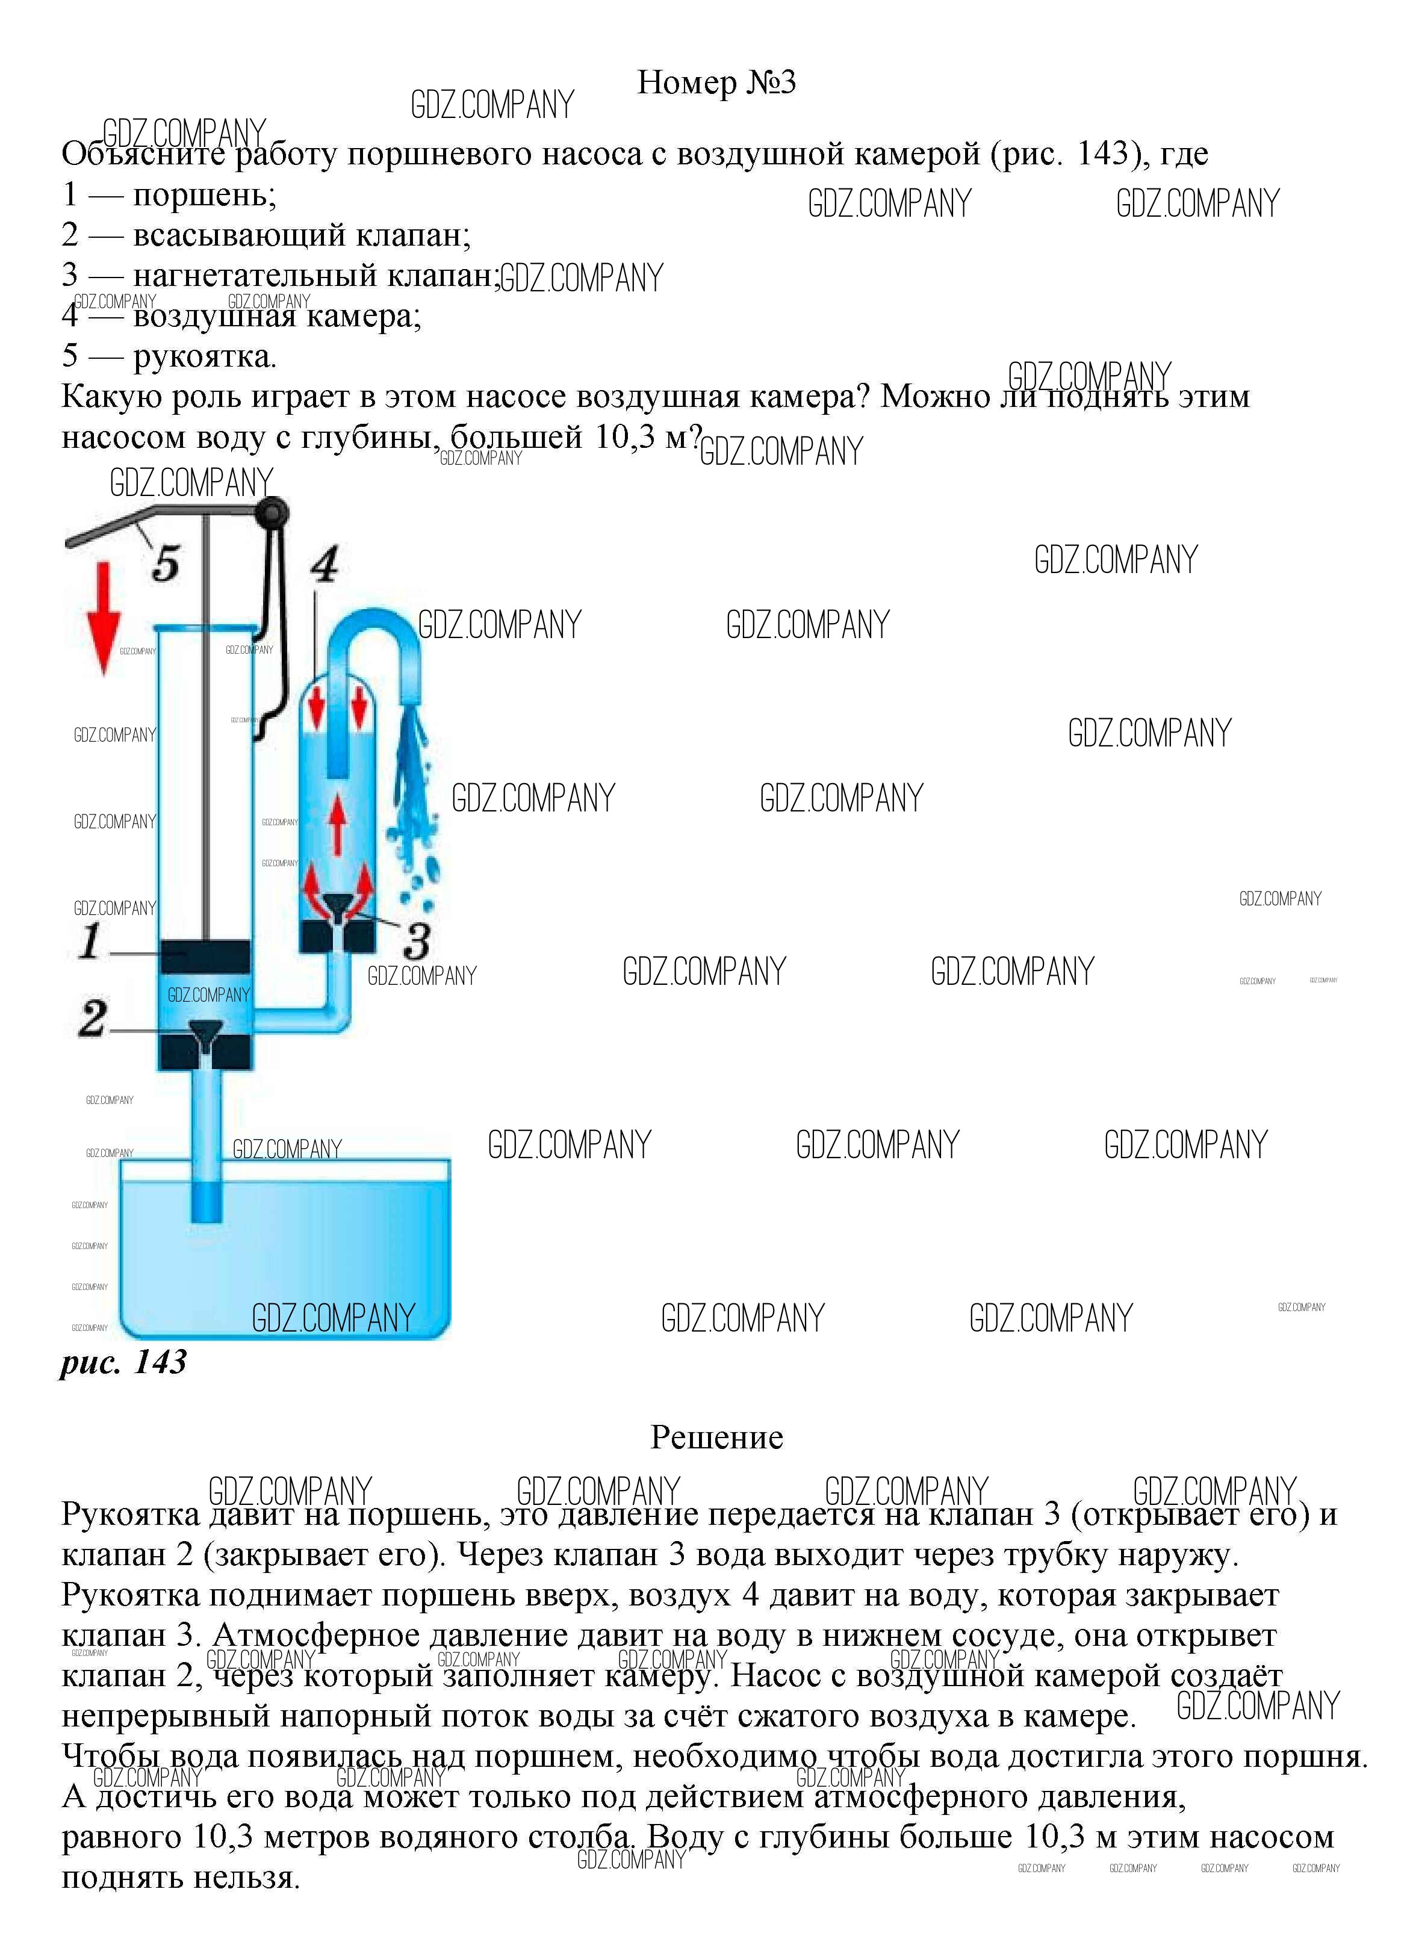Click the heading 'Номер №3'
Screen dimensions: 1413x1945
(x=716, y=82)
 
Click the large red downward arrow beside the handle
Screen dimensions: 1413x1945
(x=105, y=618)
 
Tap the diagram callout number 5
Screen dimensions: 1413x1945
(x=166, y=563)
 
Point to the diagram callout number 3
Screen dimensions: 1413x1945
(x=417, y=941)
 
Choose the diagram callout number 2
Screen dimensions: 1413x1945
(x=93, y=1019)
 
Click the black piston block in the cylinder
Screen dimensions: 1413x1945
(x=206, y=956)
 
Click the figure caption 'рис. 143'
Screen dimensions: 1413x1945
(x=123, y=1362)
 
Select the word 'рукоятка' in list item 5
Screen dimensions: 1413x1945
(x=202, y=356)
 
